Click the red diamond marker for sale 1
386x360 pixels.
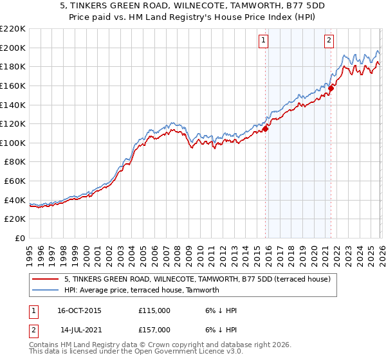266,129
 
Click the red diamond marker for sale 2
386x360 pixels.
331,89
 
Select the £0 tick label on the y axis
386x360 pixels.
19,239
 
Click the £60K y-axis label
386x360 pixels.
15,181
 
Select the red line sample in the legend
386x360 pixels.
46,279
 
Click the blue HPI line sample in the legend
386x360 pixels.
46,290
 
